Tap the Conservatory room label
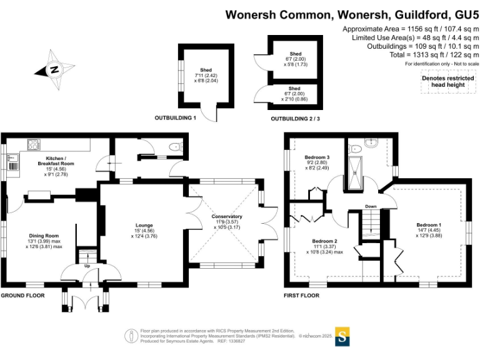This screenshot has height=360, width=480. pos(227,217)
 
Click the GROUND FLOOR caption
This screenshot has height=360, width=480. pos(22,295)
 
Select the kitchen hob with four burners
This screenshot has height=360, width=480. pos(33,145)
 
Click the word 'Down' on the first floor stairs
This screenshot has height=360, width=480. pos(371,206)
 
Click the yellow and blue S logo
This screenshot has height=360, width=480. pos(342,336)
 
